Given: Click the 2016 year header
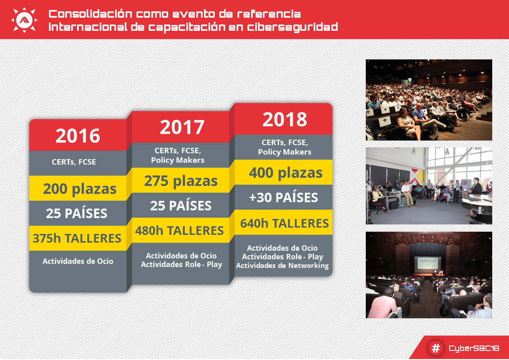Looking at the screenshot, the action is pos(78,135).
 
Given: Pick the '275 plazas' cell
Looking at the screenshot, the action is pos(181,180).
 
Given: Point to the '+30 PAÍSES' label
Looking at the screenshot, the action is pos(283,197).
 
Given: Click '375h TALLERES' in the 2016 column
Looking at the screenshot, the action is pos(77,238).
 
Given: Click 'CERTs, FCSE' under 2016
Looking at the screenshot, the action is pos(74,162).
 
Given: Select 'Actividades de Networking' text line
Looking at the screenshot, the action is pos(282,266).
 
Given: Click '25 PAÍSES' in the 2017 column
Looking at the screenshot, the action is pos(181,205).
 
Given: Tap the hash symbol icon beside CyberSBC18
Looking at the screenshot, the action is pos(436,348).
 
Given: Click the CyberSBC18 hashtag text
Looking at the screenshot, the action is pos(474,348).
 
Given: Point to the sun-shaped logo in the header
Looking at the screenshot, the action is pos(24,20).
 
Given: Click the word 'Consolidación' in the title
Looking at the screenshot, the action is pos(91,14).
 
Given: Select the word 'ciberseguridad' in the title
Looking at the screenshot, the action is pos(292,27).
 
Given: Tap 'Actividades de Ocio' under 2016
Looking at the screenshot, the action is pos(78,261).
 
